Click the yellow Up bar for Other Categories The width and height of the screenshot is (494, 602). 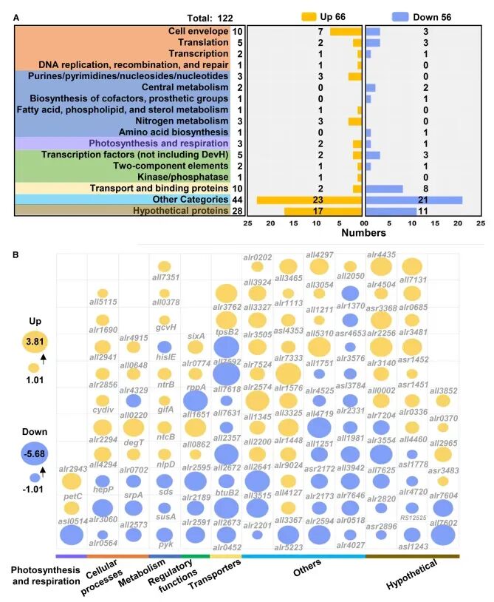pyautogui.click(x=310, y=199)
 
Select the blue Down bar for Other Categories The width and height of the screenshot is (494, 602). pyautogui.click(x=414, y=199)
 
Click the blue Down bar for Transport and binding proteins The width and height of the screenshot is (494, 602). pyautogui.click(x=384, y=188)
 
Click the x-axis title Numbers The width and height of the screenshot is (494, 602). pyautogui.click(x=365, y=232)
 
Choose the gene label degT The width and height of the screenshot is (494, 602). pyautogui.click(x=134, y=442)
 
